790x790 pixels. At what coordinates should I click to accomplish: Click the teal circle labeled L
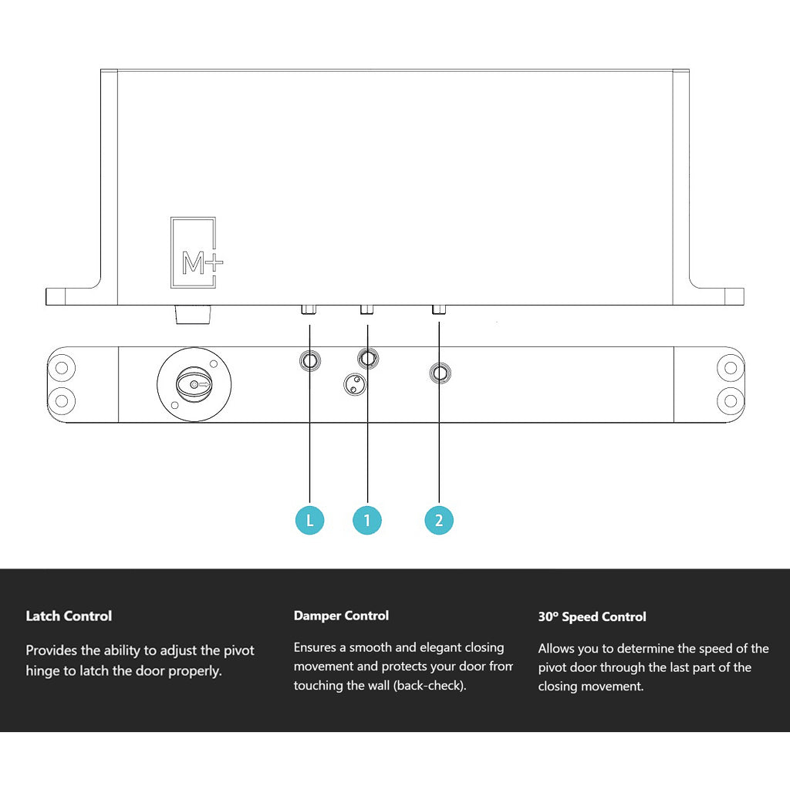(309, 520)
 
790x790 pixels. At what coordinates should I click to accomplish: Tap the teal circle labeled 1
(367, 520)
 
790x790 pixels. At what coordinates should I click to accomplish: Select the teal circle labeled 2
(439, 520)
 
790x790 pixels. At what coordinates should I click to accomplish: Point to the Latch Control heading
(69, 616)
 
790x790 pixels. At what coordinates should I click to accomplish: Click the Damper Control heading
(341, 616)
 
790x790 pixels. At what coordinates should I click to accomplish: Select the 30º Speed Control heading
(592, 616)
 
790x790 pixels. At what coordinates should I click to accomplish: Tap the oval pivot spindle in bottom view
(193, 383)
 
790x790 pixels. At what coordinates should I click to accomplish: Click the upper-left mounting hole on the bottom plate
(62, 367)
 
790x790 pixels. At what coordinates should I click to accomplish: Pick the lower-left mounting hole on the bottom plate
(62, 400)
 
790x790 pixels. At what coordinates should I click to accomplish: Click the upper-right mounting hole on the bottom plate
(729, 367)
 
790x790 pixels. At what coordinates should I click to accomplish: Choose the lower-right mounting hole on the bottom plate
(729, 400)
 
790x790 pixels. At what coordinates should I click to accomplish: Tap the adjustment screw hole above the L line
(310, 360)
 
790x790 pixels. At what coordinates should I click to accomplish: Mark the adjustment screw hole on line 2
(440, 373)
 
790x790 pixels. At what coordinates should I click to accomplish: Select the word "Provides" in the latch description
(52, 650)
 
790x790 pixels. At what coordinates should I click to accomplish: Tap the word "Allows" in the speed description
(556, 648)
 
